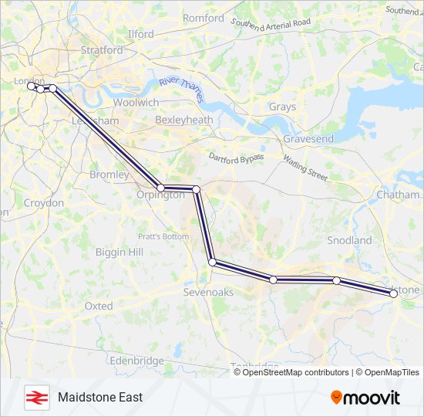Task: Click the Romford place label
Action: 204,18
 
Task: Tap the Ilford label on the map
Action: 140,34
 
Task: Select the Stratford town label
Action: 102,50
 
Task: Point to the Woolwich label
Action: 136,103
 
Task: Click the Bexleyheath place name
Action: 183,120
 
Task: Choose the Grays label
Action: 282,107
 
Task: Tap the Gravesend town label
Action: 308,139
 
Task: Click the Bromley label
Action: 109,175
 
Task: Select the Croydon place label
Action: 43,202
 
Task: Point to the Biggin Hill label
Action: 119,253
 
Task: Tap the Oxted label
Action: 99,307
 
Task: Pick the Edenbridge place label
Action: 136,361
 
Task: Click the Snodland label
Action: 349,241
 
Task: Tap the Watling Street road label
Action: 305,167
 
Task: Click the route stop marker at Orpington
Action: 160,188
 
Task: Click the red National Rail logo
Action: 35,397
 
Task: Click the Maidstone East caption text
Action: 100,397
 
